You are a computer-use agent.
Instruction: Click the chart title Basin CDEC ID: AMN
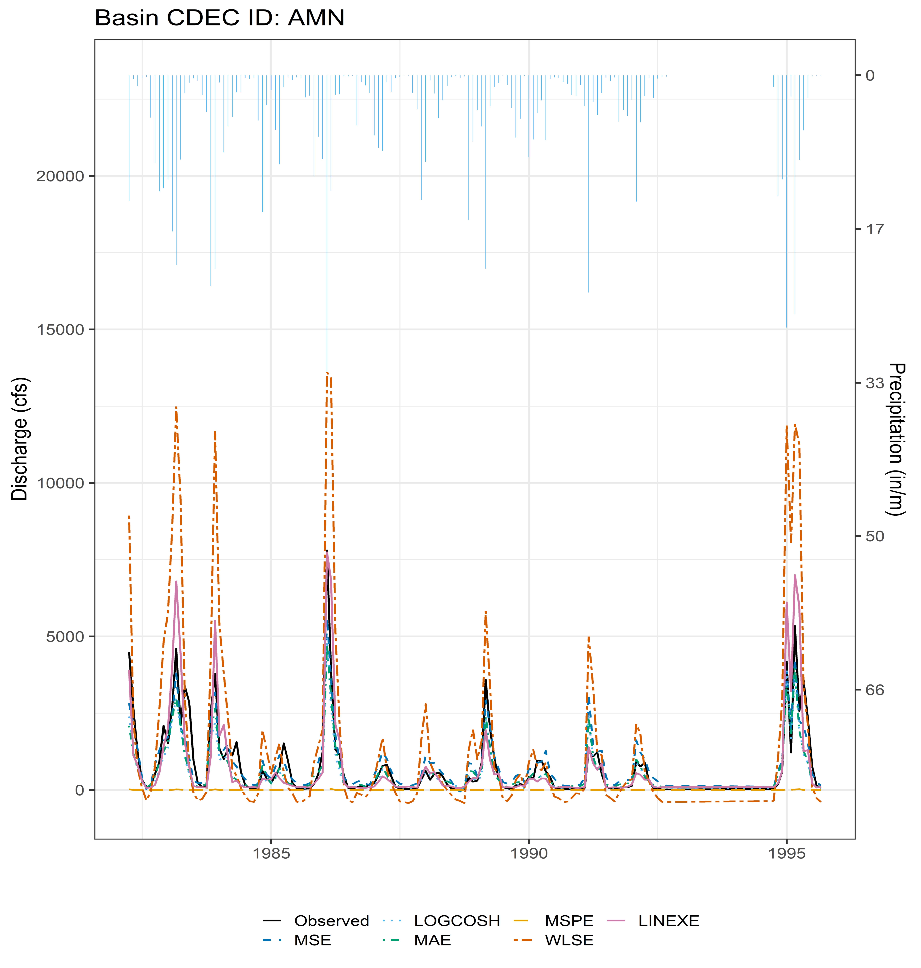tap(220, 18)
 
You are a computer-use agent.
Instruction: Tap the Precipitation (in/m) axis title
tap(896, 439)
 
